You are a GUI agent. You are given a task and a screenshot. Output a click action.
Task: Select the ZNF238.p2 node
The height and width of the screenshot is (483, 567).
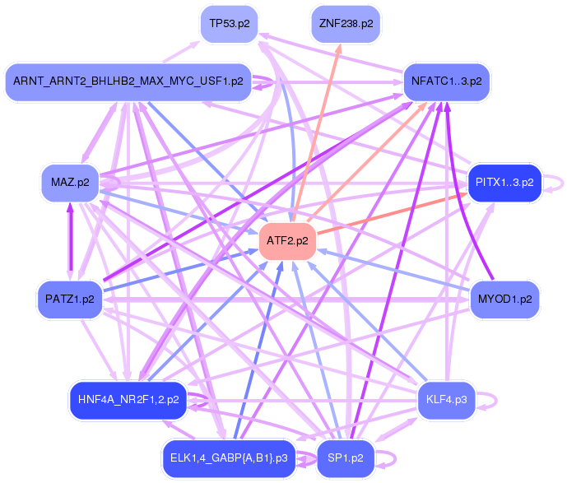coord(346,24)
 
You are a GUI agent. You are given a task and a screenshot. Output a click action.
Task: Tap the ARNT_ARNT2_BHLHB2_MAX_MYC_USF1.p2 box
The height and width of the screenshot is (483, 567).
coord(128,81)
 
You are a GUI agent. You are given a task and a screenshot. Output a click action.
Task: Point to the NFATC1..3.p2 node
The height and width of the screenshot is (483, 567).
coord(448,81)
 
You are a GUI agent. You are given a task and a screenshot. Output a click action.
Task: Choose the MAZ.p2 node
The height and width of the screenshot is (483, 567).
coord(70,182)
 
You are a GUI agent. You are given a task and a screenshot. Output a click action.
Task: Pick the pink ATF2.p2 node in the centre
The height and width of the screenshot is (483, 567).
coord(287,241)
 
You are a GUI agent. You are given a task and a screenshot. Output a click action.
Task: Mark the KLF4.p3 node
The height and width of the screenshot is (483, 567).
coord(447,400)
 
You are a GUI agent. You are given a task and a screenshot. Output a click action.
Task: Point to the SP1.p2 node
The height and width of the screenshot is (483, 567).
coord(346,457)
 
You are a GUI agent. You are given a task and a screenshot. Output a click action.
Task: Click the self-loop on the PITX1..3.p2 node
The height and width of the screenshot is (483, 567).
coord(557,183)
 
